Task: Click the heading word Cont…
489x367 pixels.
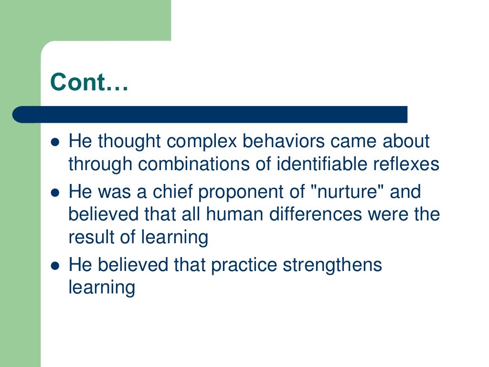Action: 89,82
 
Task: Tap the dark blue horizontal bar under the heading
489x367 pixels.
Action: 210,115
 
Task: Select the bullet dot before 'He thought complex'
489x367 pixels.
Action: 55,142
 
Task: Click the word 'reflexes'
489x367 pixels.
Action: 406,164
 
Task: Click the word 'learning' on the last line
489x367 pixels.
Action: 102,288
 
